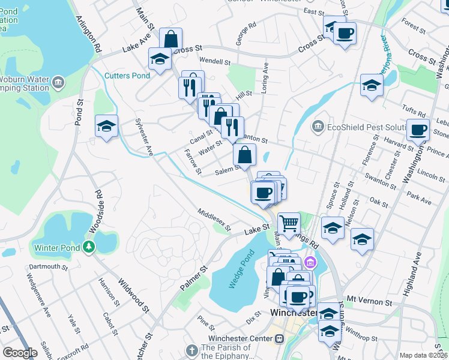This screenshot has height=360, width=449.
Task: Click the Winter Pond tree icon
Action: click(x=89, y=246)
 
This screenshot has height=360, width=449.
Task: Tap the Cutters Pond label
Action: click(x=127, y=76)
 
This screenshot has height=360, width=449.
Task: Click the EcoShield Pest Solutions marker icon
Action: click(x=318, y=127)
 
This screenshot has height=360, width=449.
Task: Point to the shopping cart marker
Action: click(x=289, y=223)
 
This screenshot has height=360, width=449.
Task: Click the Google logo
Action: click(x=20, y=353)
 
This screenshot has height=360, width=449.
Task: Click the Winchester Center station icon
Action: click(x=279, y=339)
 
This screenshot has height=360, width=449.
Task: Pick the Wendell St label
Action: click(x=215, y=61)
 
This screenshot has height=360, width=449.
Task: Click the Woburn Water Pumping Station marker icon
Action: click(x=58, y=82)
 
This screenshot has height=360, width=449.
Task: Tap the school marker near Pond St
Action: click(x=107, y=127)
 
